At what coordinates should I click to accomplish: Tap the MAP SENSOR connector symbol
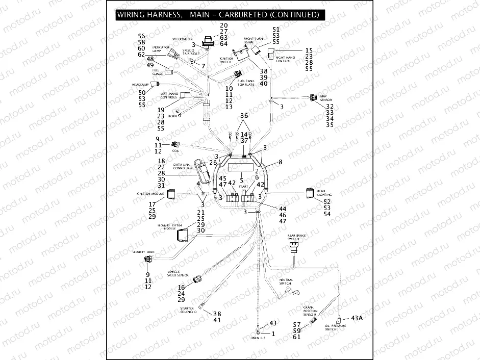[x=312, y=97]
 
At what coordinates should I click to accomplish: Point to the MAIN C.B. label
[x=259, y=339]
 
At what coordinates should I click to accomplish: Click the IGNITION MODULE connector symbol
[x=171, y=193]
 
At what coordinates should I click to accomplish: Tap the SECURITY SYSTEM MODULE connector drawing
[x=183, y=235]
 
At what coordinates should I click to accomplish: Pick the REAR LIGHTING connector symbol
[x=310, y=193]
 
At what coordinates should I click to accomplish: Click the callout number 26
[x=213, y=162]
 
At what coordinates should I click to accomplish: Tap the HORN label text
[x=172, y=116]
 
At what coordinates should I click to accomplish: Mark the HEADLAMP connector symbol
[x=159, y=83]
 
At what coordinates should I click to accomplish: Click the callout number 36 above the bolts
[x=244, y=116]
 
